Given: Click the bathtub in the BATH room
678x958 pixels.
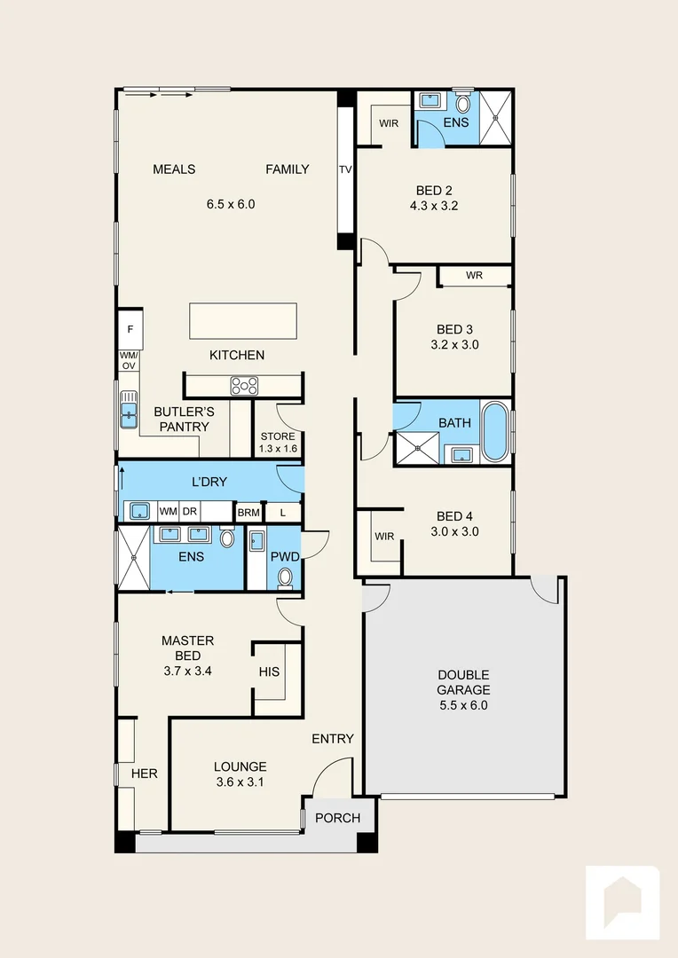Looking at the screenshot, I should (x=495, y=431).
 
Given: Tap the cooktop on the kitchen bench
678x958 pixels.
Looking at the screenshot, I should (x=244, y=386).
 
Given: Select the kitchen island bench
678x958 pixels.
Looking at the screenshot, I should (x=242, y=320).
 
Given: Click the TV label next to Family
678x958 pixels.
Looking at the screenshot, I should (x=345, y=169).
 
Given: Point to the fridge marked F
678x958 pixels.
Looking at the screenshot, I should (x=130, y=329).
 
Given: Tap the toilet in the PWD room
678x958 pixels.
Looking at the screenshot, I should (x=285, y=577).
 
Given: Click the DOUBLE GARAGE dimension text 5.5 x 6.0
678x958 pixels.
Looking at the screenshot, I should (x=463, y=705).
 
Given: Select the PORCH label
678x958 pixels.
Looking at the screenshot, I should (x=338, y=818).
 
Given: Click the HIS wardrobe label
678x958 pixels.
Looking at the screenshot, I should (x=269, y=671).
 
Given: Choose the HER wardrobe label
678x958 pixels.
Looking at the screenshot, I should (x=144, y=773).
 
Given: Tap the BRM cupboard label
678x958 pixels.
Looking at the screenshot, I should (x=248, y=512).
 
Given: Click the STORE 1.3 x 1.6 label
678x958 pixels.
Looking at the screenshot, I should (x=277, y=442).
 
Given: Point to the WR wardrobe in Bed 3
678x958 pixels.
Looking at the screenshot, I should (x=474, y=276).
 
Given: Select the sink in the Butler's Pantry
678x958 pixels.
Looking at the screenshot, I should (x=130, y=411).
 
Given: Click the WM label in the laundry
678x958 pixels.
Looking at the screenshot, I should (x=168, y=512).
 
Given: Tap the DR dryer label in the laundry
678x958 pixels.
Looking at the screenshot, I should (x=189, y=512).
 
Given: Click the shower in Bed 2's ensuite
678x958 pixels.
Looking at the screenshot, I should (x=495, y=117).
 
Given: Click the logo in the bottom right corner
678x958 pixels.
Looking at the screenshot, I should (x=622, y=902).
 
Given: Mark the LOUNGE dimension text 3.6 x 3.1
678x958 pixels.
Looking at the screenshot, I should (x=240, y=781).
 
